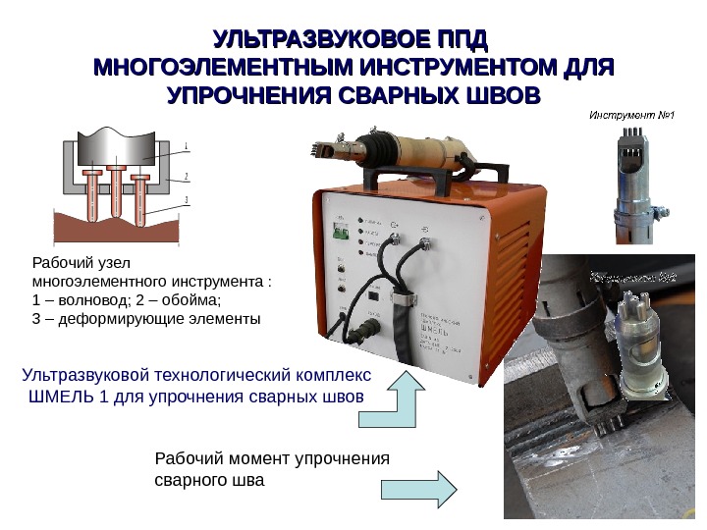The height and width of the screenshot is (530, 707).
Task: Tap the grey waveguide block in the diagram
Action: (x=117, y=146)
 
